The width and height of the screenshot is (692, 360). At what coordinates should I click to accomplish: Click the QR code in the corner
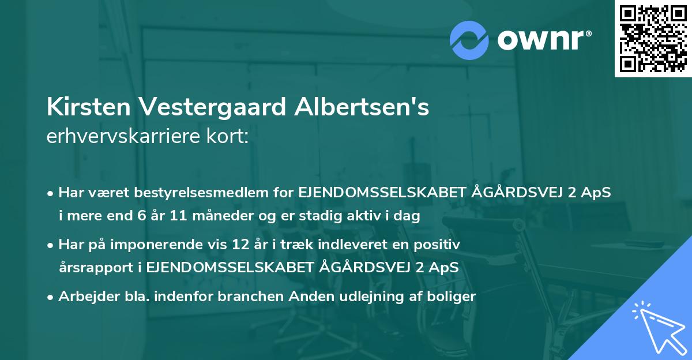point(653,38)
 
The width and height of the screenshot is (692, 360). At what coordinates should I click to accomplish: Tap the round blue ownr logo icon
point(470,40)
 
